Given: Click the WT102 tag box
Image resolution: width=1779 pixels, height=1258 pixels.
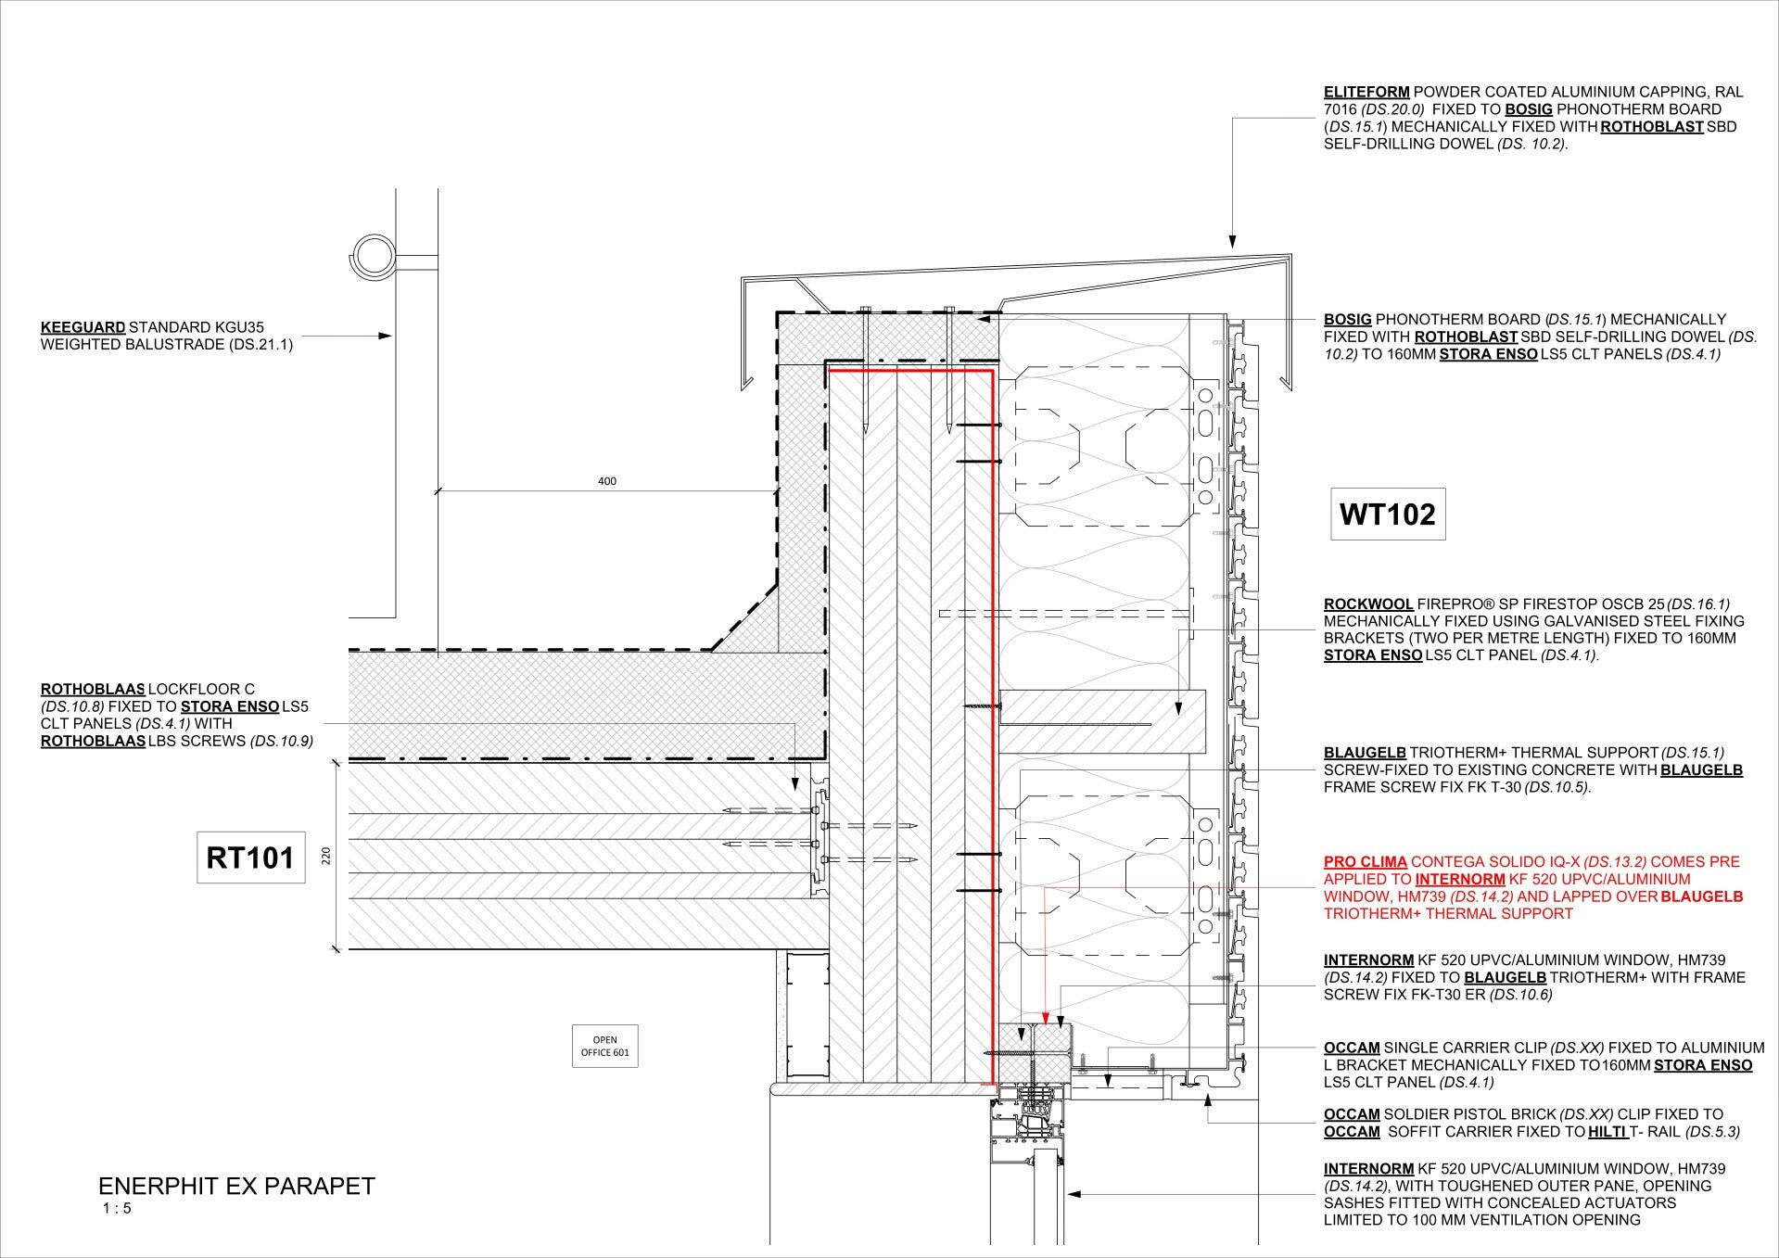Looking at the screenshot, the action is coord(1388,514).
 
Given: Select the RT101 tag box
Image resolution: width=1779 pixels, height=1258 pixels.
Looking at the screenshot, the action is coord(250,858).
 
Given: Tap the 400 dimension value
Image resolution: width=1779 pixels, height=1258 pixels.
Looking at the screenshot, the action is coord(607,481).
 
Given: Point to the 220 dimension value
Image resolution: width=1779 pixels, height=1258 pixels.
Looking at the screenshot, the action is coord(325,855).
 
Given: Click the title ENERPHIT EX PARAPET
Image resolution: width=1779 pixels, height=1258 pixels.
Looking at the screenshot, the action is coord(236,1187).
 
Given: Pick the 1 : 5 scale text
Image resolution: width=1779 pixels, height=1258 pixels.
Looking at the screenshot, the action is coord(118,1209).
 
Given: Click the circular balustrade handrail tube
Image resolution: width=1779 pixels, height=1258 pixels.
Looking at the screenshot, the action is coord(373,254).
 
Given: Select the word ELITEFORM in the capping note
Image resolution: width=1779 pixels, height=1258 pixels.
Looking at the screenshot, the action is coord(1366,92).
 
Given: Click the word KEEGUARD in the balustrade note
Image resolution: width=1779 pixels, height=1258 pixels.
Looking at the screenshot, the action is coord(83,327).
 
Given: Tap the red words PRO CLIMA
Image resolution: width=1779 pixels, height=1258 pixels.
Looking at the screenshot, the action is coord(1366,861).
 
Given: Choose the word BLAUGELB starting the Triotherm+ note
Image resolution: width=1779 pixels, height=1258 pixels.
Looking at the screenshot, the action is coord(1365,752).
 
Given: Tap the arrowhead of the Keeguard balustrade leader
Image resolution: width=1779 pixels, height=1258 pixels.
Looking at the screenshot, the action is coord(386,337).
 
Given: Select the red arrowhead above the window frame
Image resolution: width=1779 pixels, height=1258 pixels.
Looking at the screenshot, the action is coord(1045,1016).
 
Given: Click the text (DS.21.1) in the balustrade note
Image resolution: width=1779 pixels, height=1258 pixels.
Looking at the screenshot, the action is coord(262,345).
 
